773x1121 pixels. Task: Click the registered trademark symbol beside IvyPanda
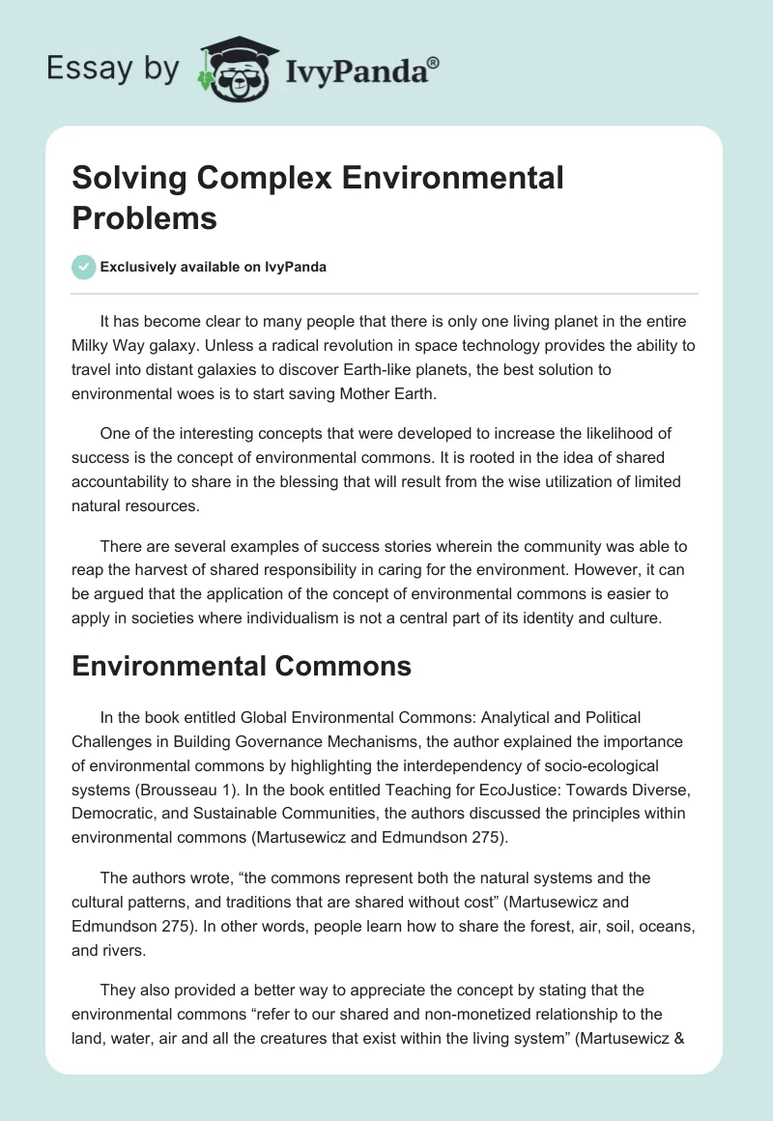pyautogui.click(x=434, y=64)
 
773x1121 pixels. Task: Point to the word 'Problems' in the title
pyautogui.click(x=144, y=217)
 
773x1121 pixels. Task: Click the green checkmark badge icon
pyautogui.click(x=84, y=267)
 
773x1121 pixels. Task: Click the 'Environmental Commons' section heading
pyautogui.click(x=242, y=666)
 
